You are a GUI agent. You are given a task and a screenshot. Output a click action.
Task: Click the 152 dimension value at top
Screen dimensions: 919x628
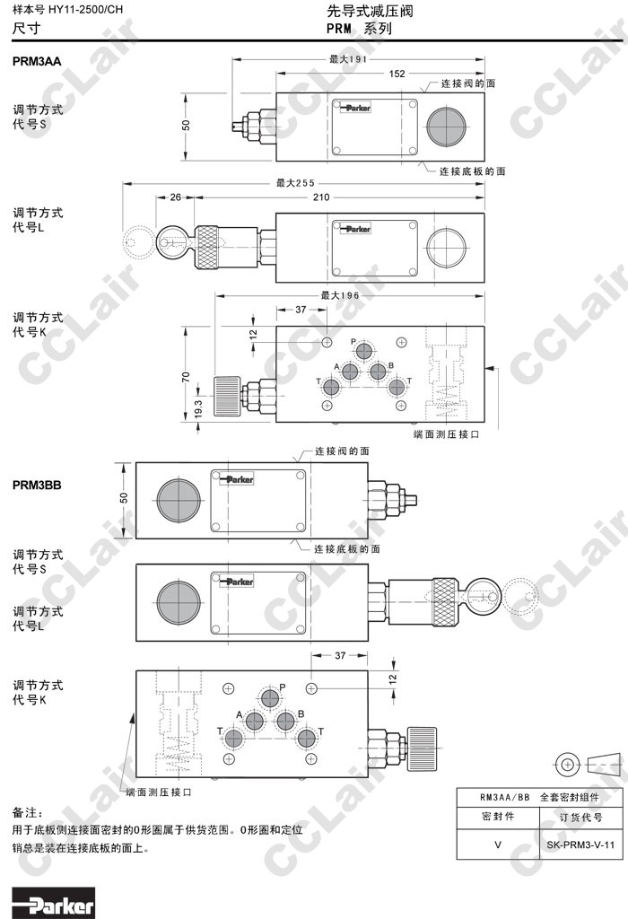[x=396, y=74]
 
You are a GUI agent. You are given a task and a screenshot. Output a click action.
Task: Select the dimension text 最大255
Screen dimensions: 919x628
[x=294, y=184]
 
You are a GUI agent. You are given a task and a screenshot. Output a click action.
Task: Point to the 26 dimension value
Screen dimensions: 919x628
[x=175, y=197]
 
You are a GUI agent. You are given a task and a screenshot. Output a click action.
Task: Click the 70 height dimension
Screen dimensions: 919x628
[x=186, y=377]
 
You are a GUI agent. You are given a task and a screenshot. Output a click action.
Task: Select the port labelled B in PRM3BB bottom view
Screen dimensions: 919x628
[x=286, y=722]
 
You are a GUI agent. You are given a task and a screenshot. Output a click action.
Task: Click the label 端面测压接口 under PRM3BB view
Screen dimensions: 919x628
[x=159, y=792]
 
